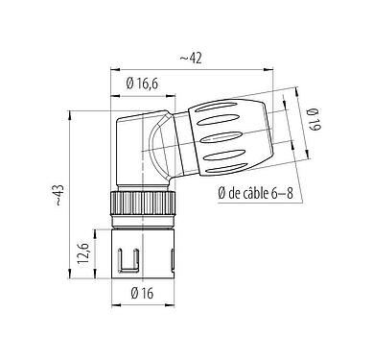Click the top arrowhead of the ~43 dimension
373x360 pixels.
pos(73,111)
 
